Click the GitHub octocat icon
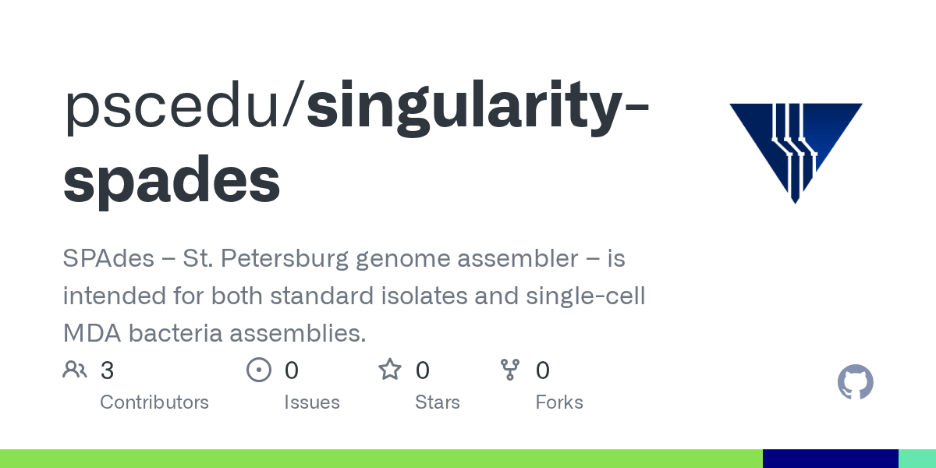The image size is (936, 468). pos(855,383)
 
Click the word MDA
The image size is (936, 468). pos(91,333)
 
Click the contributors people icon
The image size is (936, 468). pos(75,370)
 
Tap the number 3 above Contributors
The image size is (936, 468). pos(107,370)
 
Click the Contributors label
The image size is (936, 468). pos(154,402)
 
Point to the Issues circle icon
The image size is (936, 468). pos(258,370)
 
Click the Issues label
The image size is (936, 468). pos(311,402)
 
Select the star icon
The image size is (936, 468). pos(389,370)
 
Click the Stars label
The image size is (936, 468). pos(438,402)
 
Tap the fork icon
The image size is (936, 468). pos(510,370)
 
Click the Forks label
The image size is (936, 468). pos(559,402)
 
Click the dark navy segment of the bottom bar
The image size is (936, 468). pos(830,459)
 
